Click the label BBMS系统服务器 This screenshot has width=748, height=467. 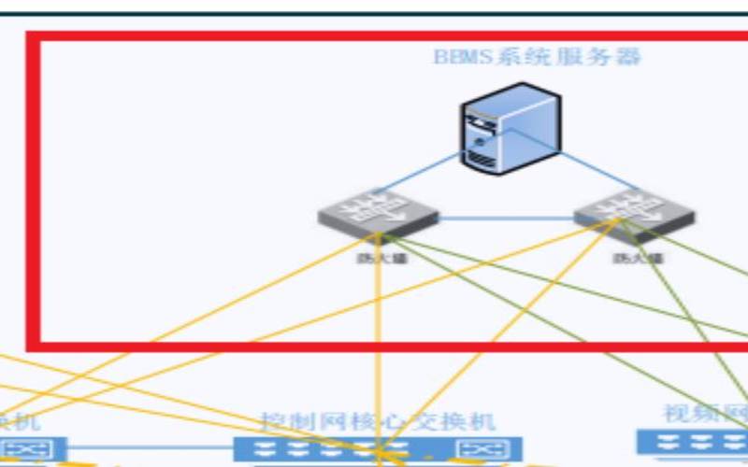pos(538,57)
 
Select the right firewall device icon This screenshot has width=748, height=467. pos(635,214)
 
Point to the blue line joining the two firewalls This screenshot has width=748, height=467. pos(505,219)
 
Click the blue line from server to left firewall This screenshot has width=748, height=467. pos(421,175)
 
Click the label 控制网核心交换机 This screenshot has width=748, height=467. pos(378,422)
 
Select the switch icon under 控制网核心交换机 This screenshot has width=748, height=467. pos(378,449)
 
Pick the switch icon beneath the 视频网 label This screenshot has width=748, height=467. pos(692,442)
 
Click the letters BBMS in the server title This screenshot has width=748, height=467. pos(455,57)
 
